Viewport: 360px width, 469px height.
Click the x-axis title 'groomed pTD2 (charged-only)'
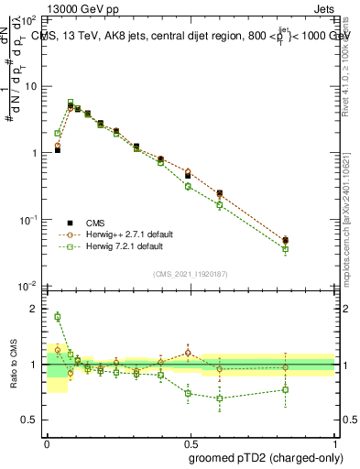coord(266,458)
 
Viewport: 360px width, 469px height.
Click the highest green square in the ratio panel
coord(57,317)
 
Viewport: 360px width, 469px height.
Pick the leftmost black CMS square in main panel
coord(57,149)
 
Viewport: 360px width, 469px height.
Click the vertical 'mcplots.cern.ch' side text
coord(353,183)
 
